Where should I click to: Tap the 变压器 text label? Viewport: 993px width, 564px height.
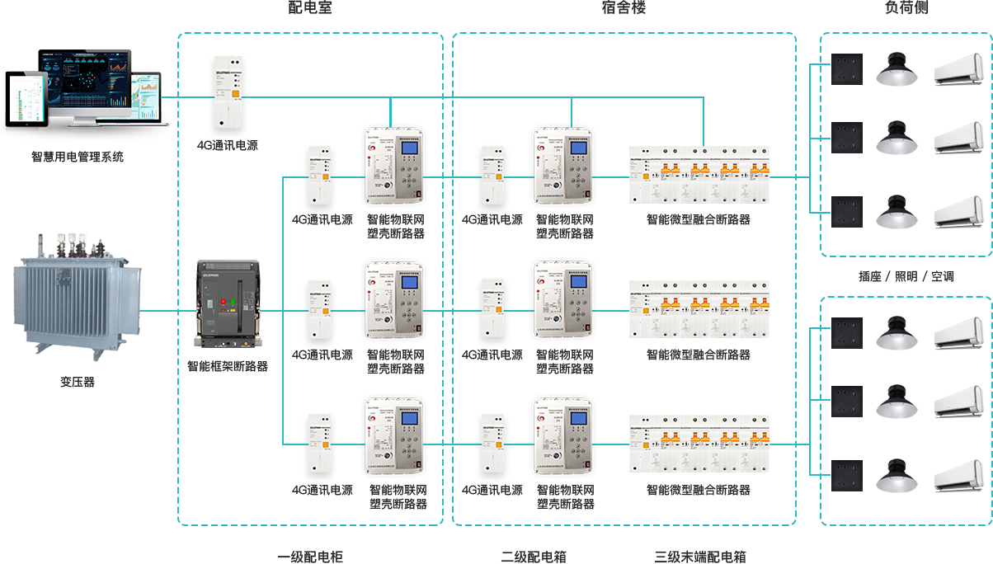pos(77,382)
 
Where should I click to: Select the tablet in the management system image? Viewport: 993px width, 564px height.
pos(26,101)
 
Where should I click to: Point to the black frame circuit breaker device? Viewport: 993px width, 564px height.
pos(227,303)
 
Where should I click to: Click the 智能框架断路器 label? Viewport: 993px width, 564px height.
pos(227,366)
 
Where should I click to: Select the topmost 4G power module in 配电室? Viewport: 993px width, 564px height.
pos(228,92)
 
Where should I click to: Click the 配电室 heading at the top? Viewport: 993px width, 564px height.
pos(309,8)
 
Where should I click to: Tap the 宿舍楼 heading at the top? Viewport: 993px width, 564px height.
pos(624,8)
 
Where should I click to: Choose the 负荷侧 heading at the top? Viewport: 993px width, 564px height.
pos(907,8)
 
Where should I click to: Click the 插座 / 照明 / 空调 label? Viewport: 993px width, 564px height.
pos(906,276)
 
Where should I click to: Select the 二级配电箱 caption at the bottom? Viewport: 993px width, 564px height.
pos(533,557)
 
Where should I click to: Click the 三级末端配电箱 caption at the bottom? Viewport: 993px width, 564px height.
pos(699,557)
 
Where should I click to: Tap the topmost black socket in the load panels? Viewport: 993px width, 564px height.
pos(847,69)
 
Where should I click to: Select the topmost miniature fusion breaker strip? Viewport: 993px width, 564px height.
pos(699,175)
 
